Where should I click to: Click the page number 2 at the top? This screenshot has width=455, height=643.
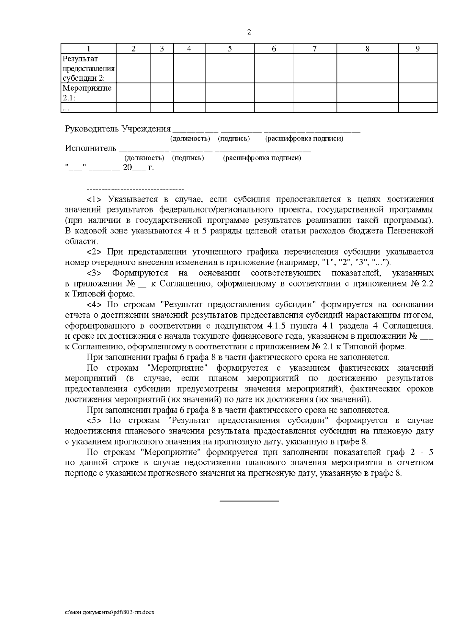click(249, 32)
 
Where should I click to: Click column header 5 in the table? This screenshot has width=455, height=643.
click(230, 49)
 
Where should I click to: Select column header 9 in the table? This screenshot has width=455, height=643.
click(417, 49)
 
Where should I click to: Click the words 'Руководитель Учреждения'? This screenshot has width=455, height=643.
click(118, 129)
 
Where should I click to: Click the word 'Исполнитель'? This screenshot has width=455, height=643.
click(90, 148)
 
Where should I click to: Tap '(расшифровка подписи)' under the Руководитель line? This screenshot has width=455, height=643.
click(304, 139)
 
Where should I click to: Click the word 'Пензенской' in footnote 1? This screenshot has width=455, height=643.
click(412, 231)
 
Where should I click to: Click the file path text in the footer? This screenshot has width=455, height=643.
click(110, 612)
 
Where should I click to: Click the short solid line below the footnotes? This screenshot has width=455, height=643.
click(249, 501)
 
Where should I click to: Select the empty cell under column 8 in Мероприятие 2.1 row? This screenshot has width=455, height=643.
click(367, 93)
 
